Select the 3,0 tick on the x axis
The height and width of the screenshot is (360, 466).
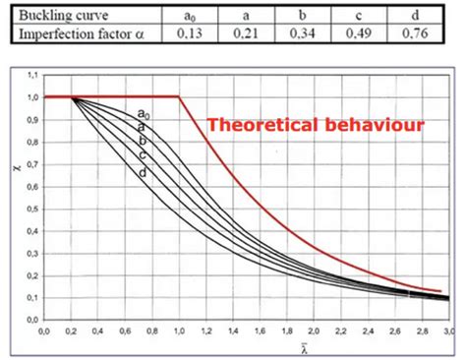coord(447,331)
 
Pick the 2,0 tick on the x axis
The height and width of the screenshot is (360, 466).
coord(313,331)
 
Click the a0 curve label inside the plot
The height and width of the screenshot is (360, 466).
coord(144,114)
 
